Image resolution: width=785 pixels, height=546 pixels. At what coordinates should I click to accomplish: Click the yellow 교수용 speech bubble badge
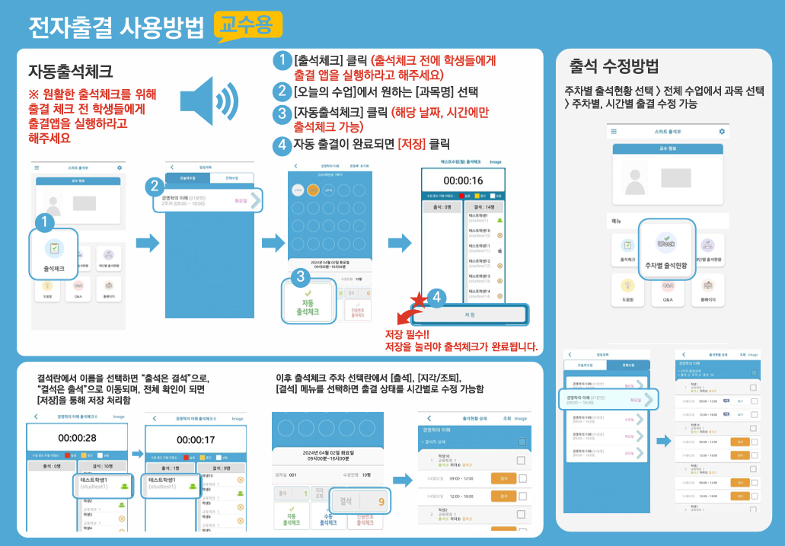tap(248, 25)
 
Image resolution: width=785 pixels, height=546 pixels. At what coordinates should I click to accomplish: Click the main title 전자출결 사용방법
tap(116, 27)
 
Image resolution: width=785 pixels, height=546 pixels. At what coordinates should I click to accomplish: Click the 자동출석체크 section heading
tap(71, 72)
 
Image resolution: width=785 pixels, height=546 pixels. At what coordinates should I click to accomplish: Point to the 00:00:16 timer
tap(464, 180)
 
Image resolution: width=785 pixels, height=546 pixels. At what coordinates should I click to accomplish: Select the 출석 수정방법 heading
tap(614, 65)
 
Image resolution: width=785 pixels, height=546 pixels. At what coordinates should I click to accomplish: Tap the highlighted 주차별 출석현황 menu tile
tap(666, 250)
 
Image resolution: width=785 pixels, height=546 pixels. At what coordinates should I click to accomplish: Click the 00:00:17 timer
tap(196, 439)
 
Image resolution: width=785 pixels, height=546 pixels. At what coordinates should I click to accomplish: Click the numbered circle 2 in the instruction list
tap(282, 92)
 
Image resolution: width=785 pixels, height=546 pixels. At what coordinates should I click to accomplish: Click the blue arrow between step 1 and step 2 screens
tap(148, 244)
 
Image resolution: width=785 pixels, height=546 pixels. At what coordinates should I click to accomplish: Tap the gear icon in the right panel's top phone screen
tap(722, 132)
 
